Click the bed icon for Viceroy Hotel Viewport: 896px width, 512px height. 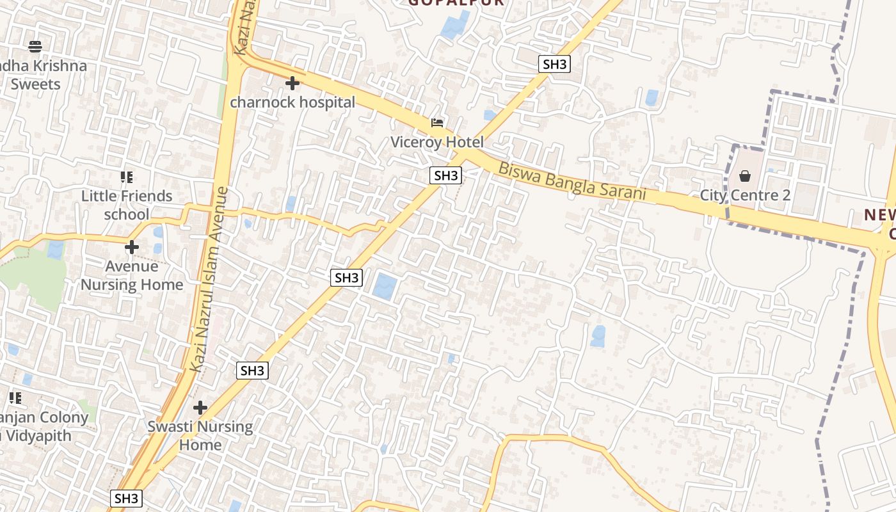[x=437, y=122]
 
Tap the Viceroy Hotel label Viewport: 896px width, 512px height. [x=437, y=141]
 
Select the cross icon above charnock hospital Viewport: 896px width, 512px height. [x=292, y=83]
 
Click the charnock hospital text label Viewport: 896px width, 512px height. [x=292, y=102]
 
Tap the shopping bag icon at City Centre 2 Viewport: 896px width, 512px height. [x=745, y=176]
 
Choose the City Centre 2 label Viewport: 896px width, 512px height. [x=745, y=195]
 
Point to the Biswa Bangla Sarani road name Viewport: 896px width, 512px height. [x=572, y=182]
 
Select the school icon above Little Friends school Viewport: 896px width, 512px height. [x=127, y=177]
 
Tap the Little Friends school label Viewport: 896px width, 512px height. [x=127, y=205]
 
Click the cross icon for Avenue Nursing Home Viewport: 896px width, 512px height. [x=132, y=247]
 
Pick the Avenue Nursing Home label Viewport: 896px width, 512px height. [x=132, y=275]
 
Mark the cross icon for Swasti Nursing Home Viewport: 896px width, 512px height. [x=200, y=407]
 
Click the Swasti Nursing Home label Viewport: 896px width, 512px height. [x=200, y=435]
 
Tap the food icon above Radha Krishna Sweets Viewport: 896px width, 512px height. [x=35, y=46]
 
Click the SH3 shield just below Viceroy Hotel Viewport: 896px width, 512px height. [x=446, y=175]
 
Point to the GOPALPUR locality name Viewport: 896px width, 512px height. [x=456, y=3]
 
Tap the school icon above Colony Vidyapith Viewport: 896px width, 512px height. [x=16, y=398]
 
